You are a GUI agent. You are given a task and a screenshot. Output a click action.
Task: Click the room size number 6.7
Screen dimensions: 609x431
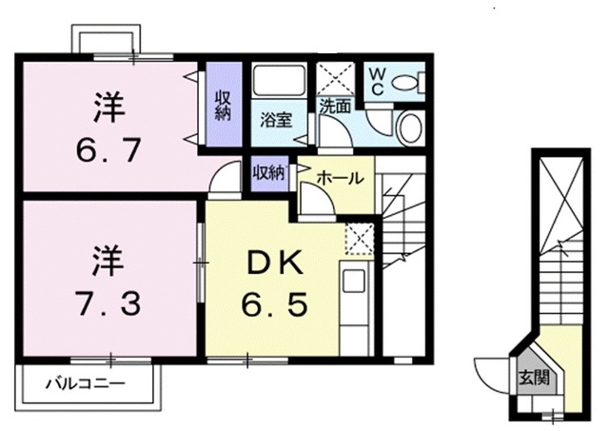[x=108, y=150]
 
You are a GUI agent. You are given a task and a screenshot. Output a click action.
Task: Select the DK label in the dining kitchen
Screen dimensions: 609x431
[x=275, y=264]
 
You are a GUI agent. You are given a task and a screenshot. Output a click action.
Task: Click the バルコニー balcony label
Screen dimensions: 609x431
[x=86, y=384]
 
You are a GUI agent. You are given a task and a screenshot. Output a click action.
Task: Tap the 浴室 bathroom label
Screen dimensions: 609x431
[x=276, y=121]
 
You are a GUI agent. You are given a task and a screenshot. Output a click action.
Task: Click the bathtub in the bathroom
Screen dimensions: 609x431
[x=279, y=80]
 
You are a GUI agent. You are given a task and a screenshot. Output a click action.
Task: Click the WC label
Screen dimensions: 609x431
[x=377, y=81]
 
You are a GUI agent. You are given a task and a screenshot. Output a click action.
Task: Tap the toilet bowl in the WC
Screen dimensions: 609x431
[x=407, y=83]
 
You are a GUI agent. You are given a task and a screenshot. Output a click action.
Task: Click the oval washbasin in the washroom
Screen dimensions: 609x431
[x=410, y=127]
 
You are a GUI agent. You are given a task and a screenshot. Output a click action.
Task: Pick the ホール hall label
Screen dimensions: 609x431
[x=341, y=178]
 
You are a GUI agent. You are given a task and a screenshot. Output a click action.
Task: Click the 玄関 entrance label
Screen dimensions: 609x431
[x=535, y=377]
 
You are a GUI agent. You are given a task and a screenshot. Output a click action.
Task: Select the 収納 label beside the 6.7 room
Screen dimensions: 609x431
[x=223, y=105]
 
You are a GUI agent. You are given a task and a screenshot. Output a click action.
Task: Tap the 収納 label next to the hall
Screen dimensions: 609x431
[x=268, y=173]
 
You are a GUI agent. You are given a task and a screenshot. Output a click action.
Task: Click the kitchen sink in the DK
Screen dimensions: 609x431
[x=353, y=281]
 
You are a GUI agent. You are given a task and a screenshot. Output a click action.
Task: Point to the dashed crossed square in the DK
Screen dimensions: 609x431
[x=360, y=239]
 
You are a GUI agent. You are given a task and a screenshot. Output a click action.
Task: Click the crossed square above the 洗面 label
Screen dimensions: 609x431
[x=335, y=78]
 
